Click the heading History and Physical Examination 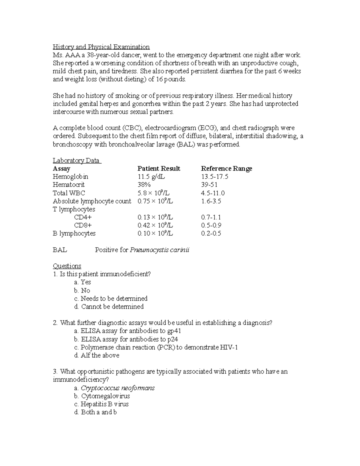tap(101, 47)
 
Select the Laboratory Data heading tap(77, 161)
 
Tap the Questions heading tap(67, 266)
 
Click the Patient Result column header tap(159, 169)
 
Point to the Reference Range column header tap(226, 169)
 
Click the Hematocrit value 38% tap(144, 185)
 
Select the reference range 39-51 tap(209, 185)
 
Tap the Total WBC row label tap(69, 193)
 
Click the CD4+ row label tap(83, 217)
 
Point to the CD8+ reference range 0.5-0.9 tap(211, 225)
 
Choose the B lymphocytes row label tap(74, 233)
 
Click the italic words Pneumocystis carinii tap(160, 250)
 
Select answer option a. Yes tap(82, 282)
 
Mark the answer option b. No tap(82, 290)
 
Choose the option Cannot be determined tap(109, 307)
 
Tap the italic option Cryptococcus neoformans tap(114, 388)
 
